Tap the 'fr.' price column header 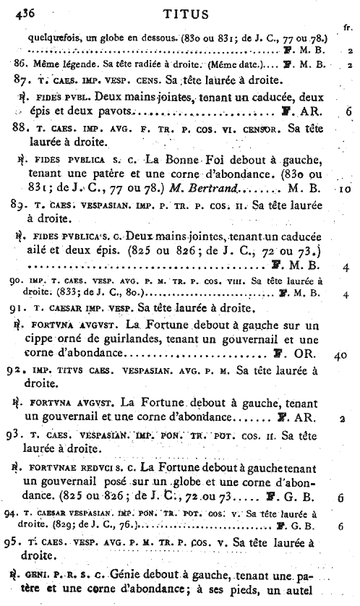pos(348,28)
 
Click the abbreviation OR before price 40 pos(304,356)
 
